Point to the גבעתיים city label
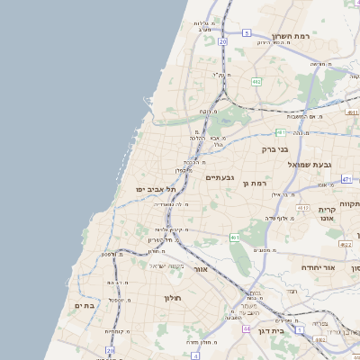coord(220,177)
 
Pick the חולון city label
coord(173,297)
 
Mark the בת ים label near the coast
coord(84,306)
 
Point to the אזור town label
coord(200,269)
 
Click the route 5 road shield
coord(247,32)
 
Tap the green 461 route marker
coord(234,238)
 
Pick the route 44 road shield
coord(246,328)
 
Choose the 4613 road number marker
coord(302,208)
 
